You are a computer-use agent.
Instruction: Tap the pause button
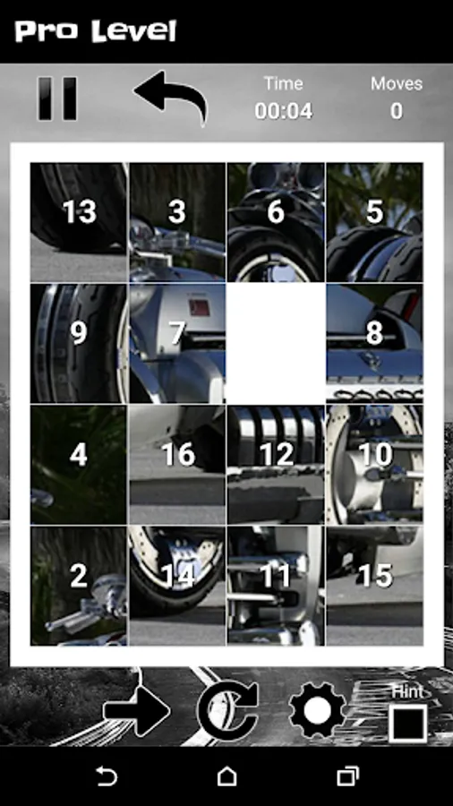pos(57,99)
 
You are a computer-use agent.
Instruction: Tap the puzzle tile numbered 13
pos(79,222)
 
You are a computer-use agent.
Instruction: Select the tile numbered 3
pos(177,222)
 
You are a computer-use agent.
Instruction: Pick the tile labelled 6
pos(276,222)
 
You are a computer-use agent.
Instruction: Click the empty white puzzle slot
pos(276,343)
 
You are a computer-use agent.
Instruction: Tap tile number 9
pos(79,343)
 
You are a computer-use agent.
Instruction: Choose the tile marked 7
pos(177,343)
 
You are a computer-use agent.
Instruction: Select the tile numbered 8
pos(374,343)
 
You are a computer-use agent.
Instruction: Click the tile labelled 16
pos(177,465)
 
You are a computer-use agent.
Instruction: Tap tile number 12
pos(276,465)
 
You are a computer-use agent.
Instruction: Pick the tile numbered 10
pos(374,465)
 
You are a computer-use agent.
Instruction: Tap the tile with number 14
pos(177,586)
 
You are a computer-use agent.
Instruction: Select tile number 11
pos(276,586)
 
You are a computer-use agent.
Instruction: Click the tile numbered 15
pos(374,586)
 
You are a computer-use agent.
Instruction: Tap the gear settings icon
pos(318,711)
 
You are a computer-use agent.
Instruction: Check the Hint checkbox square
pos(408,724)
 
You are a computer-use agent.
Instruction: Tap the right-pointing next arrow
pos(137,711)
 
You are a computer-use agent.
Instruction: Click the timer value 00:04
pos(284,111)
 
